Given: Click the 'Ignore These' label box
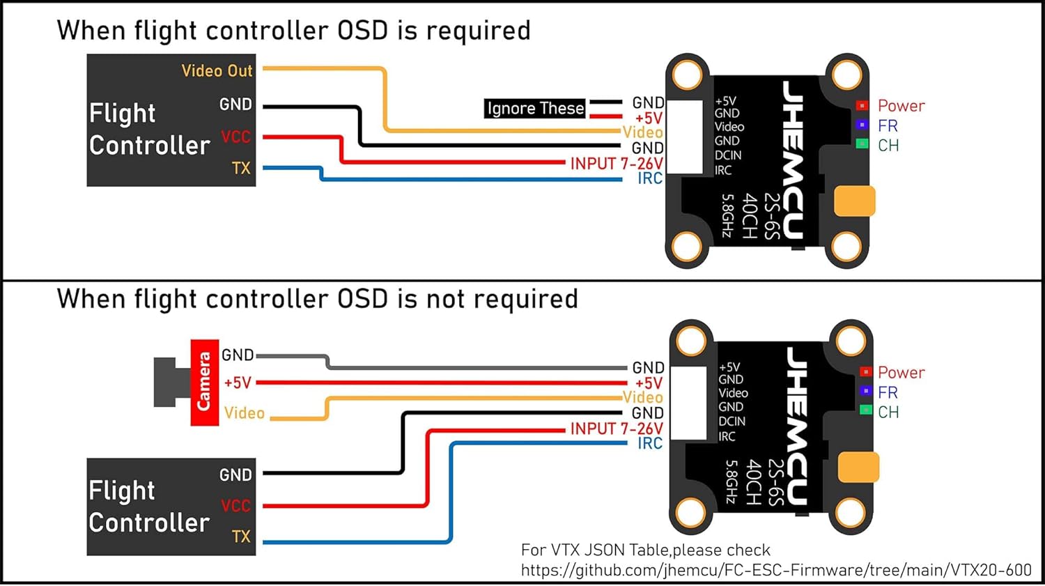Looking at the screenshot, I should pos(534,109).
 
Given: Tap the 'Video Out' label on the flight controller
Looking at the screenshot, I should pos(217,71).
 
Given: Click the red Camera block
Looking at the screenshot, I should pos(205,382).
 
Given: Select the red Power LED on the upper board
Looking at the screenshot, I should pos(862,106).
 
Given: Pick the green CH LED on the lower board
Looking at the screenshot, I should pos(866,410).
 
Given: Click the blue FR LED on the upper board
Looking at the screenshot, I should pos(862,125).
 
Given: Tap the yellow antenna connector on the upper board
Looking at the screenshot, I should pos(854,201).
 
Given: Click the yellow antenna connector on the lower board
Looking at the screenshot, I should pos(858,467).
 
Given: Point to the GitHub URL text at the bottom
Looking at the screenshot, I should pos(775,570).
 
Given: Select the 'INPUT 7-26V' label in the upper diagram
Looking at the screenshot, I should pos(616,164).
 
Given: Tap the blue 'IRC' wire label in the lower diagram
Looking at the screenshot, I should pos(650,444).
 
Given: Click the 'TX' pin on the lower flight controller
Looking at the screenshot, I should pos(241,537).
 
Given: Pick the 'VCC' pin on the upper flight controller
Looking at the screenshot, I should pos(235,137).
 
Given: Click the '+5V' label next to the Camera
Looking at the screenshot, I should pos(238,383).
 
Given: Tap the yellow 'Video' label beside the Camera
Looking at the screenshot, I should pos(245,413).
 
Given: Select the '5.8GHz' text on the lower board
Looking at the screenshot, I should pos(731,481).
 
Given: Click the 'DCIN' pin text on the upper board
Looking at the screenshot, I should pos(728,155).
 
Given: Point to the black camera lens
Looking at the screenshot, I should pos(166,382).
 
